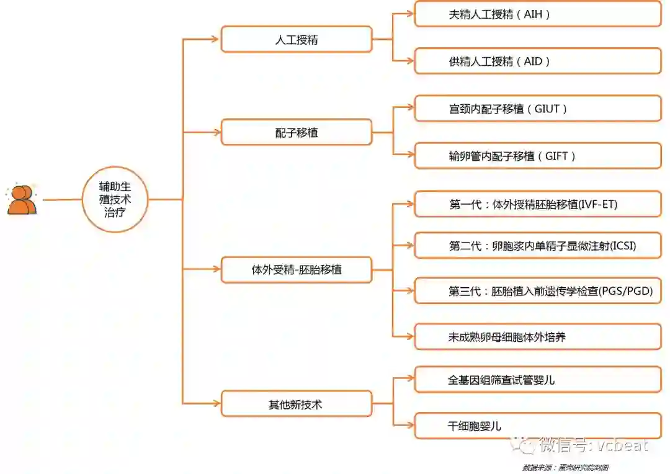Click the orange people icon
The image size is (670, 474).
coord(22,200)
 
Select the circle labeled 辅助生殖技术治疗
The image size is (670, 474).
coord(115,200)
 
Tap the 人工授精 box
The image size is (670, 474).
coord(297,39)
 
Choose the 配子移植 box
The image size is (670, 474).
coord(297,132)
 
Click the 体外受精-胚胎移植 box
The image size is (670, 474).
coord(297,270)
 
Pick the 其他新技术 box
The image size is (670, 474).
coord(297,404)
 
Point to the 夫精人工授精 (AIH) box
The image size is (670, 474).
coord(537,14)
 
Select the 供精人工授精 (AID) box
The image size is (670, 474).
coord(537,61)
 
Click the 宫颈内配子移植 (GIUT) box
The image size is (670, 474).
coord(537,109)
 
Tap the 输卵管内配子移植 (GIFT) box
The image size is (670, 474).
coord(537,156)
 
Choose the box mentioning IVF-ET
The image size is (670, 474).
coord(537,204)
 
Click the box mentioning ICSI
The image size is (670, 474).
coord(537,246)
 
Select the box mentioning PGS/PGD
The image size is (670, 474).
coord(537,290)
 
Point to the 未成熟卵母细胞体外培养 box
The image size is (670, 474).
coord(537,337)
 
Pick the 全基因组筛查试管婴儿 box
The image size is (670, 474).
coord(537,380)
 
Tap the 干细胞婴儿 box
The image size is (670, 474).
coord(537,426)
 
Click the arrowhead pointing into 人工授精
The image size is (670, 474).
coord(216,39)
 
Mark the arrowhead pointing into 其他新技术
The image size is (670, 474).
coord(216,404)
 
